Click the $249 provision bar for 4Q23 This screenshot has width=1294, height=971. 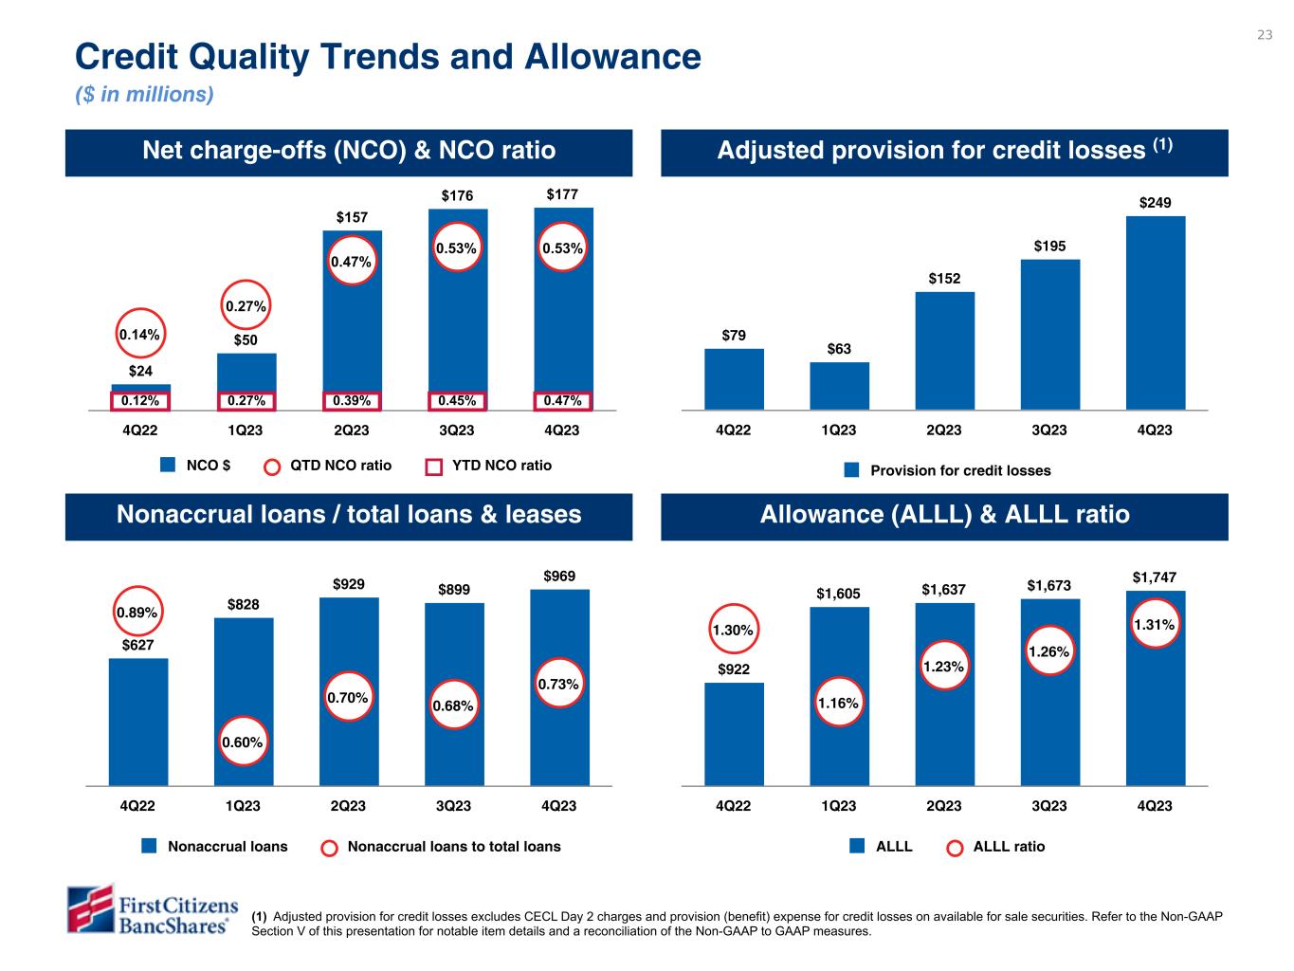tap(1155, 313)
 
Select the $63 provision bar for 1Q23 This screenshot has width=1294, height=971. tap(839, 386)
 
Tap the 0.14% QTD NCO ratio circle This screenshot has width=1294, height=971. tap(139, 335)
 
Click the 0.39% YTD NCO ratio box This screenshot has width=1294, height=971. tap(351, 401)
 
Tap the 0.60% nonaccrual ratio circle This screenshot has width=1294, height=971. tap(242, 742)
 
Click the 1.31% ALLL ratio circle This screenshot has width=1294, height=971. tap(1154, 625)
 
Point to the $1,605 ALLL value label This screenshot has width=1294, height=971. tap(838, 594)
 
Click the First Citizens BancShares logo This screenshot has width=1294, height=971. tap(148, 910)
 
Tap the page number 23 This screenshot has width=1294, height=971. tap(1265, 35)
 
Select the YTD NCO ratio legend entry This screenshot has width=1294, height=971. tap(488, 466)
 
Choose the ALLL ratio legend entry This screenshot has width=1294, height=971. tap(996, 847)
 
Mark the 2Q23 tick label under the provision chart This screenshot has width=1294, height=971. tap(943, 431)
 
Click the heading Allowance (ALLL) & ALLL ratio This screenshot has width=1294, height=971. tap(944, 515)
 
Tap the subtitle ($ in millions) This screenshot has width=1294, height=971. tap(144, 95)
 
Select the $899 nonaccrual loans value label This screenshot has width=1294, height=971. tap(453, 589)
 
